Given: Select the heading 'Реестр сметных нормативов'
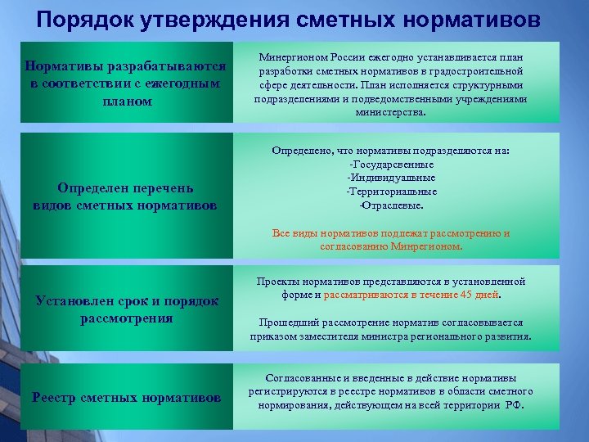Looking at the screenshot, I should coord(126,399).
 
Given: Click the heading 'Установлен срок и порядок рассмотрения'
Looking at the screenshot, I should coord(126,309).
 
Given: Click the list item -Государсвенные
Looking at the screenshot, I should coord(391,165).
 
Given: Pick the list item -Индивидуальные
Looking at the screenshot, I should coord(391,178).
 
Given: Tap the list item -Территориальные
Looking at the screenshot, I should coord(391,191).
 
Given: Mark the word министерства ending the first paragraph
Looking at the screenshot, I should coord(390,112).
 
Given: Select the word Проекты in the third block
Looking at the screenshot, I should coord(277,282).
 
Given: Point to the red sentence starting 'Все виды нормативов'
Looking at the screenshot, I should coord(390,239).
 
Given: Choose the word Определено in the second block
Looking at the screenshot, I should coord(298,151).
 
